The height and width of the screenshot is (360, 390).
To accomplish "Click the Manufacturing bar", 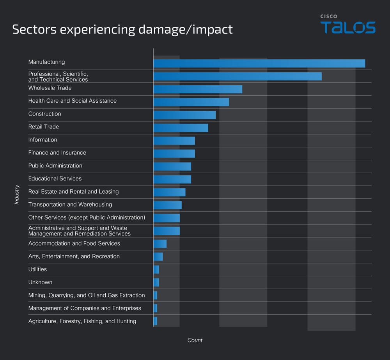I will (259, 63).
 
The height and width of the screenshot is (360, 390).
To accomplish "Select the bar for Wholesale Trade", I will (198, 89).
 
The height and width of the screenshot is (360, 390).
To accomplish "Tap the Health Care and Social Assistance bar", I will (191, 102).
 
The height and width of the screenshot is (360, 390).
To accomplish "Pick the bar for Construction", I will (184, 115).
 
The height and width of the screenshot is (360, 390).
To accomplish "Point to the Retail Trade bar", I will (181, 128).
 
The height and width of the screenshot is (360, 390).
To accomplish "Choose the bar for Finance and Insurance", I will (174, 153).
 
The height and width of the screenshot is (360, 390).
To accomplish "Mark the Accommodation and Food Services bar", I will (160, 244).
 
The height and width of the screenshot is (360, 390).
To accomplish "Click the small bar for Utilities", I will (156, 269).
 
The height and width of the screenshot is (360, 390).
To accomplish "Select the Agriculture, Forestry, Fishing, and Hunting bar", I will (155, 321).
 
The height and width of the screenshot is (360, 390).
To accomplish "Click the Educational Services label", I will (55, 178).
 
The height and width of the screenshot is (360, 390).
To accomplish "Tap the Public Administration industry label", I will (55, 166).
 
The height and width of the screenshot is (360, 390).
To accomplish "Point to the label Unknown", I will (40, 282).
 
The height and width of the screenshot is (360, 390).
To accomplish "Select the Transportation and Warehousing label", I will (70, 205).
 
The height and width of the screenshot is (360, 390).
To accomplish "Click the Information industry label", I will (43, 140).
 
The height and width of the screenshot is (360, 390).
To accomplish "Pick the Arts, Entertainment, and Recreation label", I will (74, 257).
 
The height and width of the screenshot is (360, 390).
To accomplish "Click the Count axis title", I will (195, 340).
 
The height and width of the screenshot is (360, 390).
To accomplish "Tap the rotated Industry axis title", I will (17, 194).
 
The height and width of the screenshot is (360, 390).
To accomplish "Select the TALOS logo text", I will (348, 28).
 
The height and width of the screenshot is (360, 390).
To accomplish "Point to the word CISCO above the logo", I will (329, 16).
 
